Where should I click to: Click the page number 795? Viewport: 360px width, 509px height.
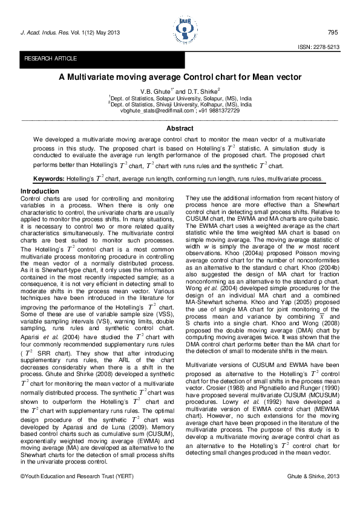[332, 32]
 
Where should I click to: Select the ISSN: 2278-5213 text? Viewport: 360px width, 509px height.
[318, 47]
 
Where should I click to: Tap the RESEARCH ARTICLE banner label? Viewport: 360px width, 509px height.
[50, 59]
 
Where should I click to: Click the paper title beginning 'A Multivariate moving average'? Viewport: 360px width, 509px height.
[180, 78]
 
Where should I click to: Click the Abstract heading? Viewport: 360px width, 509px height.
[180, 128]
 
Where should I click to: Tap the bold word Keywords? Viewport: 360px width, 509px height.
[48, 179]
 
